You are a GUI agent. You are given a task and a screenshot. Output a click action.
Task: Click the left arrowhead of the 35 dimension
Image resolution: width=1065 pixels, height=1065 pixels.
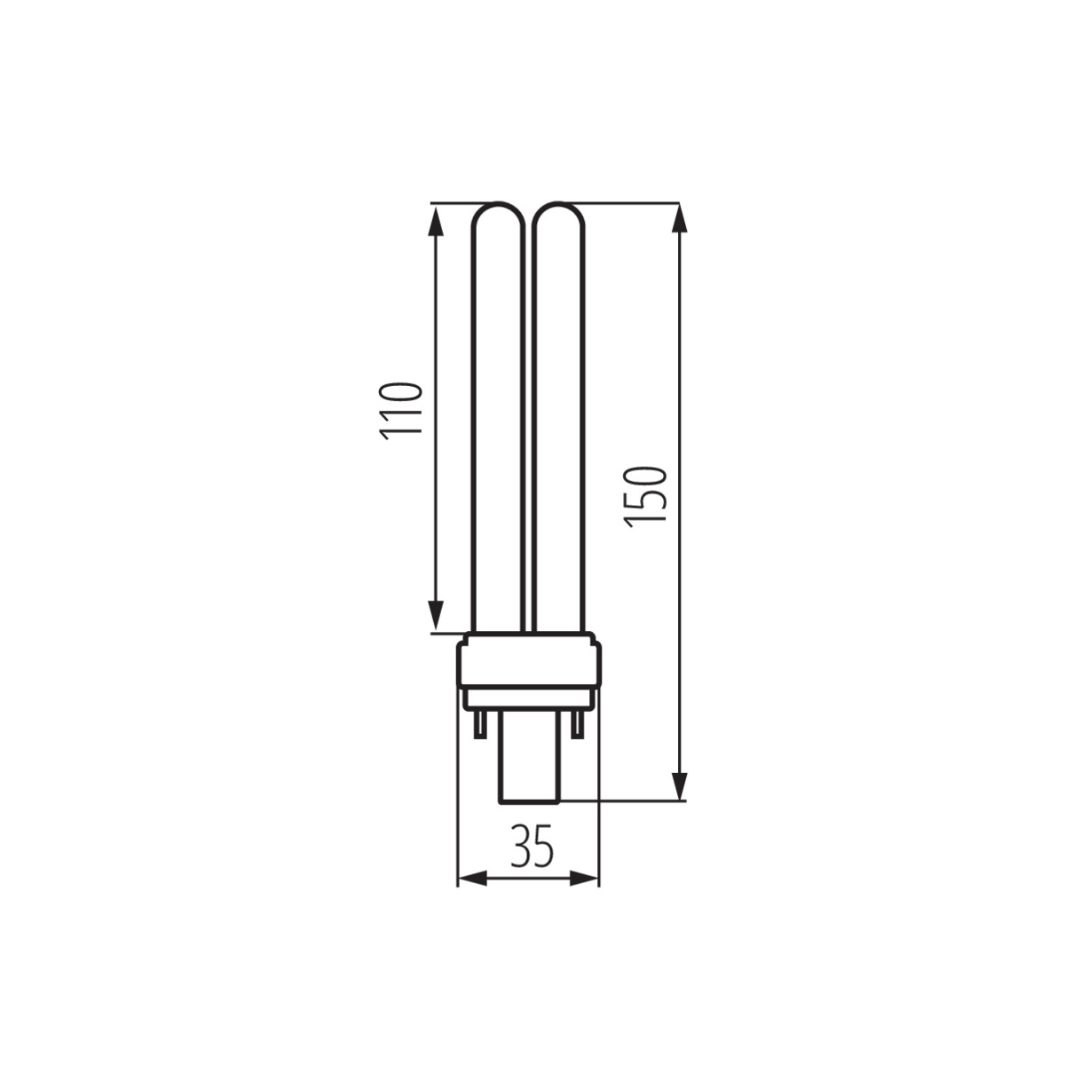pyautogui.click(x=474, y=879)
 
